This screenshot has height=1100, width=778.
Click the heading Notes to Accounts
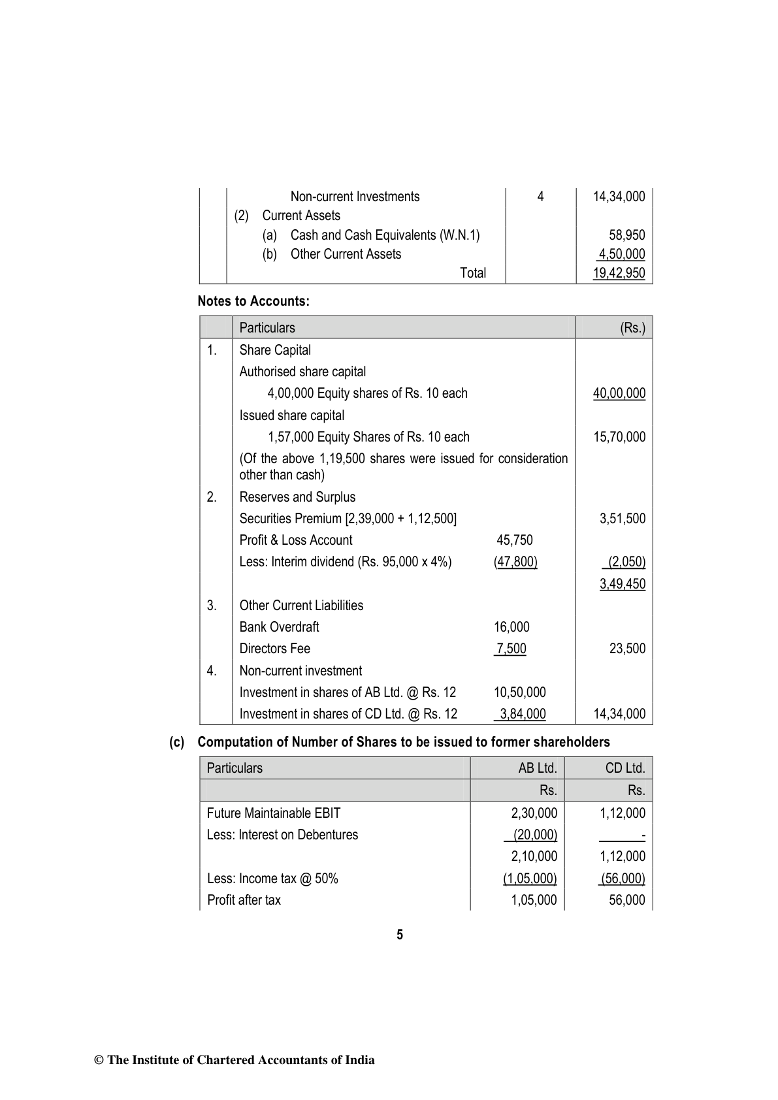point(253,302)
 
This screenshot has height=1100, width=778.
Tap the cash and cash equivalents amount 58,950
point(626,235)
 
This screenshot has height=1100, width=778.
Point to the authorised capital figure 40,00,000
point(619,393)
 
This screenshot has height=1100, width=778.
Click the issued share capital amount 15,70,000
point(619,437)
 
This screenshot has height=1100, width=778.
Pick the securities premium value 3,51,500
point(622,519)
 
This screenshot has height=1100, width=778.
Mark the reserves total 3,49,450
point(622,584)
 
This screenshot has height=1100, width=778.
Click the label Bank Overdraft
point(279,627)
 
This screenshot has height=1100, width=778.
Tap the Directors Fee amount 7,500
point(511,649)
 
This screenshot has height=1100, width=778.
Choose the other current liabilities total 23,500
point(626,649)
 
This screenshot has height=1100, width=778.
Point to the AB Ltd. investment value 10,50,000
point(519,692)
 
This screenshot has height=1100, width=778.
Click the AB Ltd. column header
point(537,768)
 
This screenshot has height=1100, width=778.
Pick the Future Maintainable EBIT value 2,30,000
point(534,813)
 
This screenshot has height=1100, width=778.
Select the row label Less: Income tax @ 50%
point(272,879)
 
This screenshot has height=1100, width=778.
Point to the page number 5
point(400,935)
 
